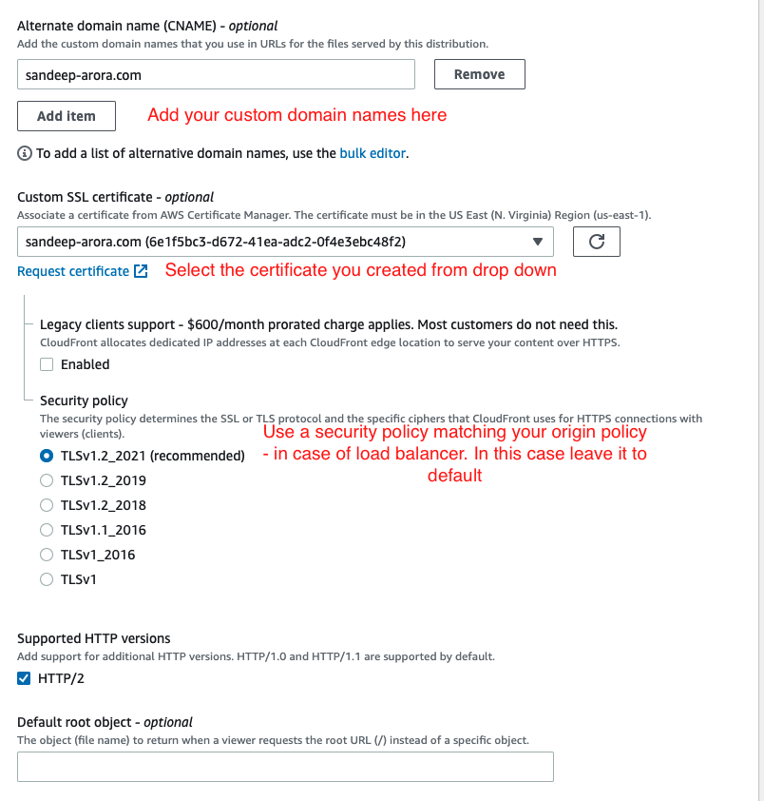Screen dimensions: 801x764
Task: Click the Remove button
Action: tap(479, 74)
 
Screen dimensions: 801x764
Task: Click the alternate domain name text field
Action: tap(216, 74)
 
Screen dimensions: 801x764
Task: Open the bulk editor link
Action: tap(373, 153)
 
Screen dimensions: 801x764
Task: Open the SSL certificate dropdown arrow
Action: tap(538, 242)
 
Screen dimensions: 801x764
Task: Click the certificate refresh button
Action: tap(597, 242)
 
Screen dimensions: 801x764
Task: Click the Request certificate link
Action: tap(73, 271)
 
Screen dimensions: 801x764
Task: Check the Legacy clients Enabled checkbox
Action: tap(47, 364)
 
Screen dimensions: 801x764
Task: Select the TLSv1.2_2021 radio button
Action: tap(47, 456)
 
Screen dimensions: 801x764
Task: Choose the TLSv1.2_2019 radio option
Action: tap(47, 480)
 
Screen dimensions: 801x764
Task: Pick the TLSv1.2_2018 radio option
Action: tap(47, 505)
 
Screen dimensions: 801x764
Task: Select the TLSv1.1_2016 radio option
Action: tap(47, 530)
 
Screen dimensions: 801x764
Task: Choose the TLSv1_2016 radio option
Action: tap(47, 555)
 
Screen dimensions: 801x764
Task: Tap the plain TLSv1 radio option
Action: tap(47, 579)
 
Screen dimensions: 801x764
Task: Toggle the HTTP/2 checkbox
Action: tap(25, 678)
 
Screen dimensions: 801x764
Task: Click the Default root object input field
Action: tap(285, 767)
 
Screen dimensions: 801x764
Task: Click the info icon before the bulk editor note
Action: tap(25, 153)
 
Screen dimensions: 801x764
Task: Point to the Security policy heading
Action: tap(84, 400)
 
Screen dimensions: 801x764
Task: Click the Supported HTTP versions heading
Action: tap(94, 638)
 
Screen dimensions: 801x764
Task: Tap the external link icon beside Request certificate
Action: tap(141, 271)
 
